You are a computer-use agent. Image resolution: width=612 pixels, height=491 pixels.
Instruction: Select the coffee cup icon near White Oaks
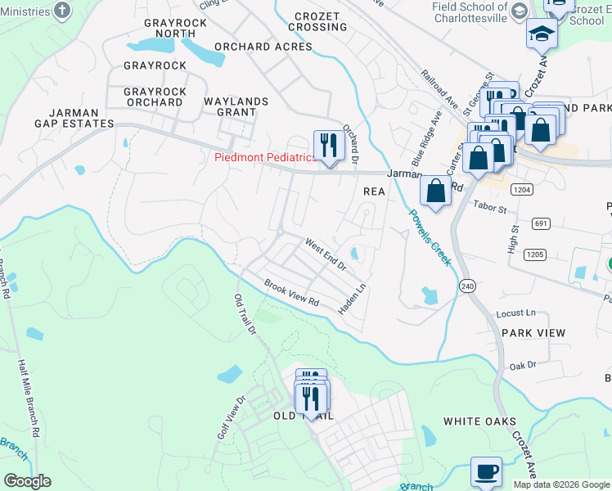486,472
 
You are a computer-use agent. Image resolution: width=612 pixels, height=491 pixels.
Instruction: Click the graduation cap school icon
542,34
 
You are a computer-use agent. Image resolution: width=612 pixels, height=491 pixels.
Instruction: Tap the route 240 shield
467,286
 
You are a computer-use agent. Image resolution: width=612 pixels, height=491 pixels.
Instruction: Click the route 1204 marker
523,189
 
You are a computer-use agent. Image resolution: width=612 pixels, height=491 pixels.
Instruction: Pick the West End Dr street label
326,255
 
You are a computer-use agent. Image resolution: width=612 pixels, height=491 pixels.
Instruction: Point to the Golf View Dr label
232,418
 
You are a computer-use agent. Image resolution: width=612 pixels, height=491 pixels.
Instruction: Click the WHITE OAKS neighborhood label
479,421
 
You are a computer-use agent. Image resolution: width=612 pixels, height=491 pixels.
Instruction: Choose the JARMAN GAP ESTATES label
74,118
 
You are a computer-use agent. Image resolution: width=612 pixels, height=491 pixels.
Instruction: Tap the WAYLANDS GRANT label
236,107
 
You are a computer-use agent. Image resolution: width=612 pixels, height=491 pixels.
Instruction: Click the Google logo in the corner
27,481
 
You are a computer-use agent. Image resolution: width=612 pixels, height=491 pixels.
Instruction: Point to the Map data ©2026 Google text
560,484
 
